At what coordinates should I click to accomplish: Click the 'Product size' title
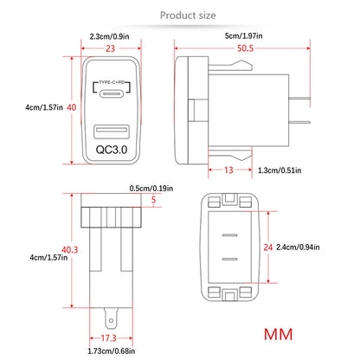[x=188, y=16]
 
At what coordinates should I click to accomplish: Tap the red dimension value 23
[x=110, y=48]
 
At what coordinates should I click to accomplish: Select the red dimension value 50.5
[x=245, y=48]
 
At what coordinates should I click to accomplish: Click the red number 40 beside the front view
[x=72, y=107]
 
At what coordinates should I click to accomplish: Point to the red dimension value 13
[x=228, y=170]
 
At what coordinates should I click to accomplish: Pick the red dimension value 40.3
[x=69, y=249]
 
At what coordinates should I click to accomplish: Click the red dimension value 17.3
[x=108, y=337]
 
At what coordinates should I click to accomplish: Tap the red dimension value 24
[x=267, y=247]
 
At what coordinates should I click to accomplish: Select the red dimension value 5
[x=153, y=199]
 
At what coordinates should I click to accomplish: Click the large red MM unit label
[x=278, y=334]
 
